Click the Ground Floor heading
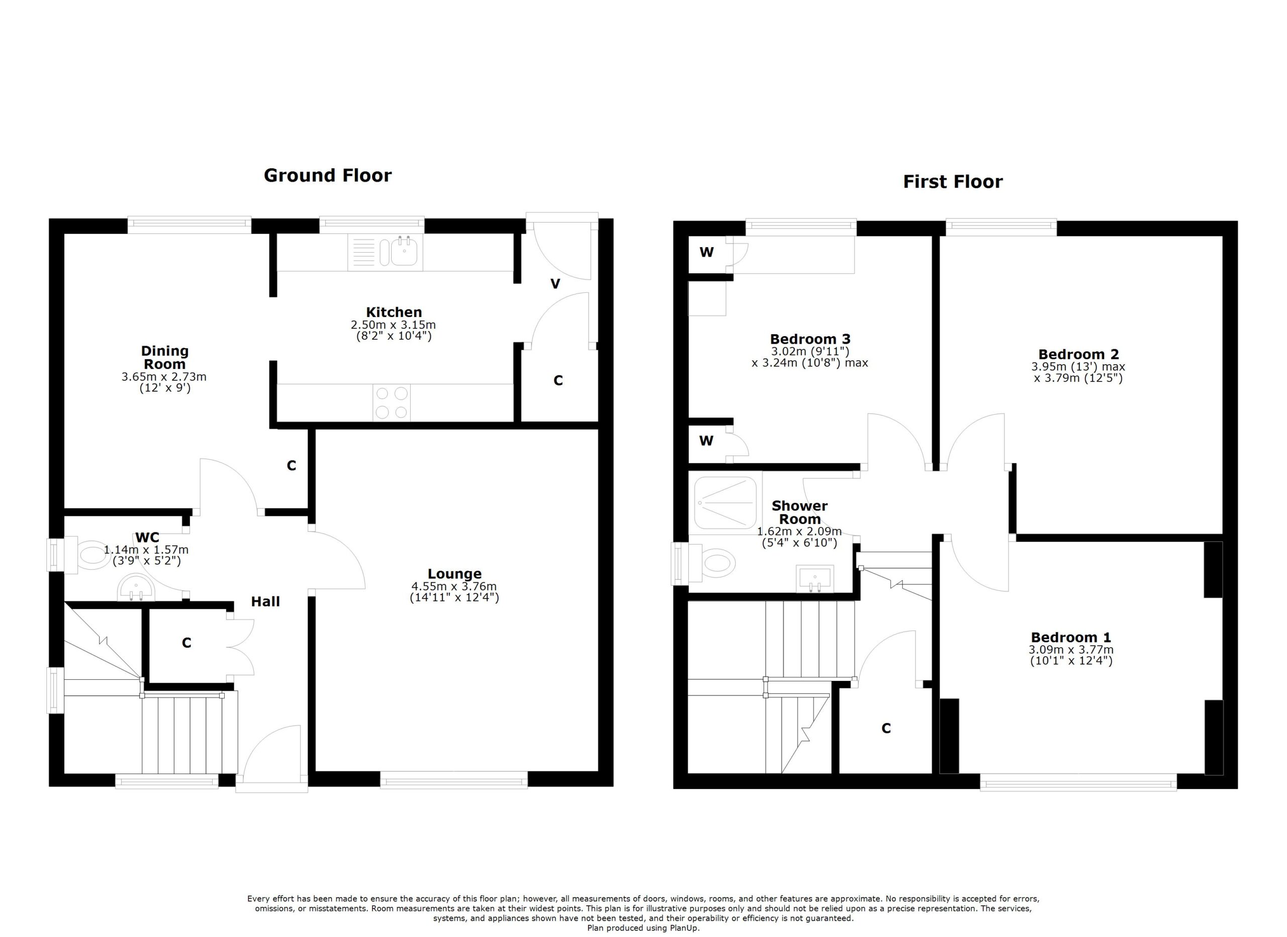[x=327, y=176]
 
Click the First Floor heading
[x=953, y=182]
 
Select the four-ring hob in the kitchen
[x=392, y=403]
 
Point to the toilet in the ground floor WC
[x=92, y=554]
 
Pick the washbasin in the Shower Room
[x=814, y=579]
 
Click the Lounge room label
[x=454, y=574]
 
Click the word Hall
[x=265, y=601]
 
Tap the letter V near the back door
[x=555, y=283]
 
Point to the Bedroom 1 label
[x=1071, y=637]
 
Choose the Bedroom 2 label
[x=1078, y=354]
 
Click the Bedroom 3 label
[x=810, y=339]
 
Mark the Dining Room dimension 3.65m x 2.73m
[x=164, y=376]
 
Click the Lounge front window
[x=454, y=782]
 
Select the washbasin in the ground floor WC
[x=136, y=588]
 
